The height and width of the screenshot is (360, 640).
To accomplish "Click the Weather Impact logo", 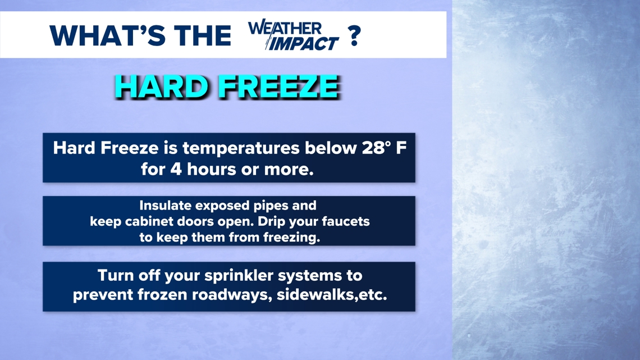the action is (x=294, y=35).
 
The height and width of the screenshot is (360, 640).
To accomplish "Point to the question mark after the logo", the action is (x=354, y=35).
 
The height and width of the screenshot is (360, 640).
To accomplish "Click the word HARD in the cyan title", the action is (x=162, y=86).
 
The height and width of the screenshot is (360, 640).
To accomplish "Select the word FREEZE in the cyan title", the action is (x=278, y=86).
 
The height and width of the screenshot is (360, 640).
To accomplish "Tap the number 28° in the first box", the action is (x=373, y=148).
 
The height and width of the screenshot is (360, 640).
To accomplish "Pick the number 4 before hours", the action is (x=176, y=169).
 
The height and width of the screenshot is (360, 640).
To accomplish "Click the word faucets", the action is (x=346, y=221).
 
